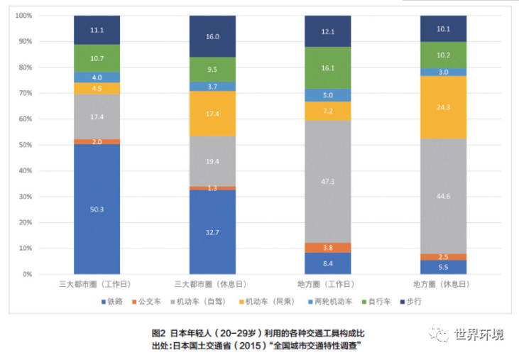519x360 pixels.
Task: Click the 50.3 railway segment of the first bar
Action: point(97,209)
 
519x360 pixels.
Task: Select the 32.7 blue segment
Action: point(212,231)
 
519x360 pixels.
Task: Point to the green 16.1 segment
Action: point(327,68)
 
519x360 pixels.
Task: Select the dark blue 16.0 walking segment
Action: point(212,36)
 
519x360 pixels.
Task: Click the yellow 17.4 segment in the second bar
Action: point(212,114)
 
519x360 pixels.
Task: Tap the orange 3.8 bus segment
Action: point(327,248)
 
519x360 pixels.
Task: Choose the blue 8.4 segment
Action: point(327,263)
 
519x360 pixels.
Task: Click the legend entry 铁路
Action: point(111,301)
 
